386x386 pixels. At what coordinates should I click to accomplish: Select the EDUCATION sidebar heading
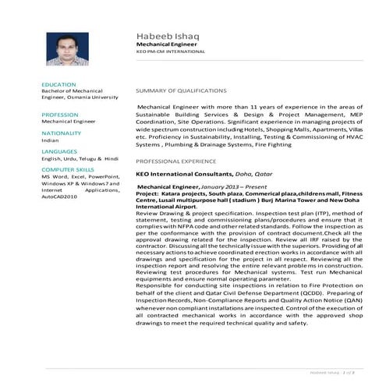(x=59, y=83)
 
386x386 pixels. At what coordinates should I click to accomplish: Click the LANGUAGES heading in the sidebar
(x=60, y=151)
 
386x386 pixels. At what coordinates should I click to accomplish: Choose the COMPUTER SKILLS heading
(x=68, y=168)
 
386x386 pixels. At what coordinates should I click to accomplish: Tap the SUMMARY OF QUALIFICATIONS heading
(x=181, y=90)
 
